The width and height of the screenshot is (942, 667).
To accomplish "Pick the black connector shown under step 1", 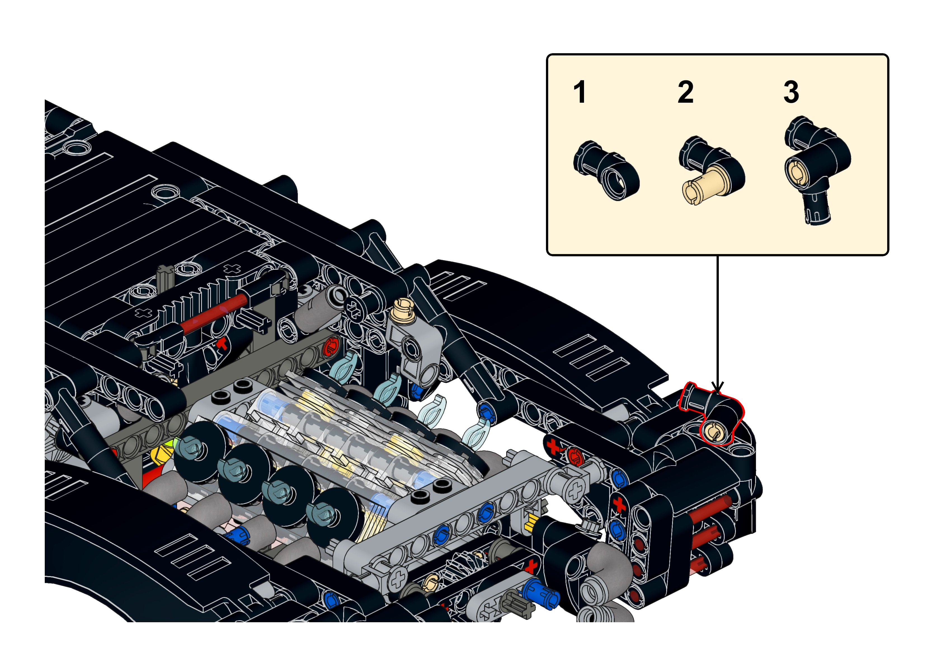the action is [606, 170].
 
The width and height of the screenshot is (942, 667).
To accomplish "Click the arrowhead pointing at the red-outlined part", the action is [717, 387].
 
